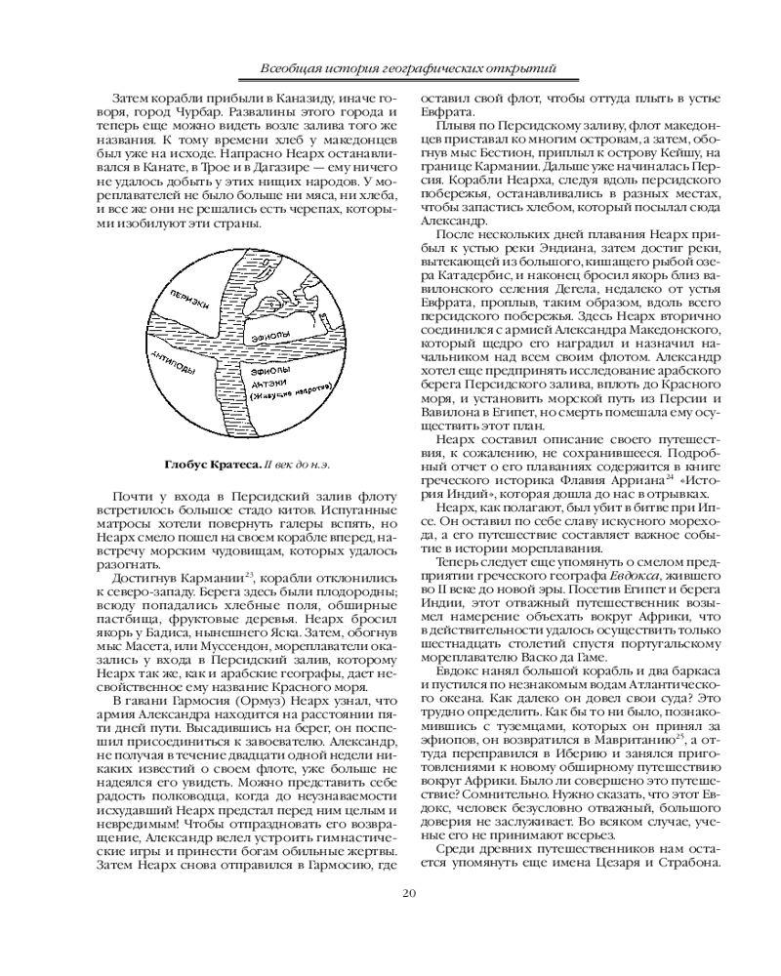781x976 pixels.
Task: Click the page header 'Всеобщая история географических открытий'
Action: [x=410, y=68]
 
